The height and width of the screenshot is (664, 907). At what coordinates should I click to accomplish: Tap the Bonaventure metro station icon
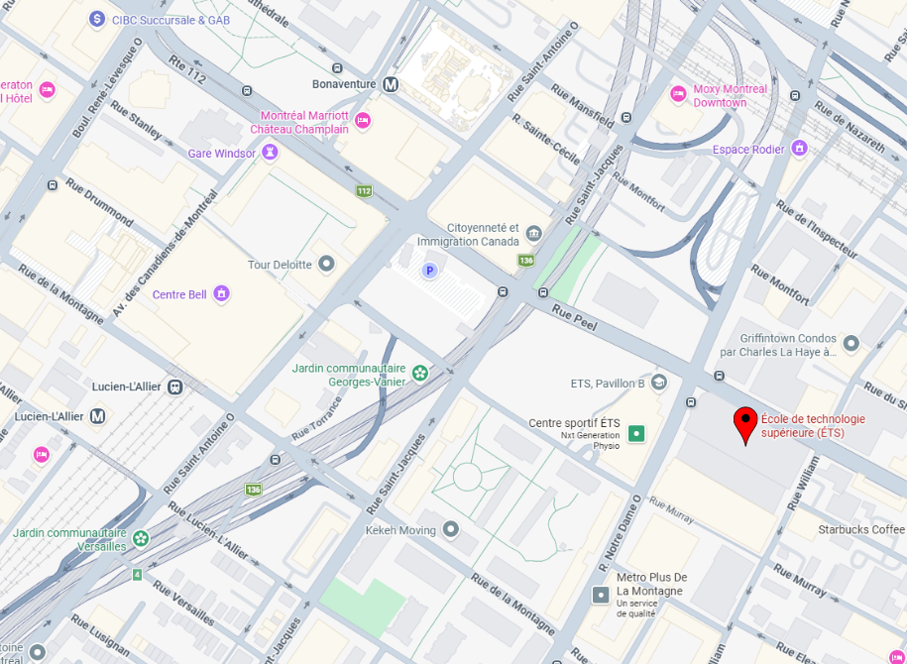pos(392,84)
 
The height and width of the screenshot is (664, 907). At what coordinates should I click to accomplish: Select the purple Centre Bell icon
pos(221,293)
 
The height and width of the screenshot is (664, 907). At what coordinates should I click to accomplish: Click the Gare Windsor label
pos(221,153)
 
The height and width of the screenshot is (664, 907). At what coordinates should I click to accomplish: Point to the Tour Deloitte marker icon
pos(326,264)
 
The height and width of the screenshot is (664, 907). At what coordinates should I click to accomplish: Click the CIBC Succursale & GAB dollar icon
pos(97,19)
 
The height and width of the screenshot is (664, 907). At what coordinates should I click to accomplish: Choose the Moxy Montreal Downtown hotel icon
pos(678,94)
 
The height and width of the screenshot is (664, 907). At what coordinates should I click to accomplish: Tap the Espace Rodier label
pos(748,150)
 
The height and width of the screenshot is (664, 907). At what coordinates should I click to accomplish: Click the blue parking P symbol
pos(429,271)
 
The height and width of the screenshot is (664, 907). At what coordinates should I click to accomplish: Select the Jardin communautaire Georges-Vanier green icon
pos(420,373)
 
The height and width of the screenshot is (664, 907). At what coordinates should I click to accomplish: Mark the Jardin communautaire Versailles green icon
pos(141,538)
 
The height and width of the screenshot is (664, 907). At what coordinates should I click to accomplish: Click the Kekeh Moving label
pos(400,530)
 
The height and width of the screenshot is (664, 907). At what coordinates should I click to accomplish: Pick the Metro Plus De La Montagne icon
pos(601,595)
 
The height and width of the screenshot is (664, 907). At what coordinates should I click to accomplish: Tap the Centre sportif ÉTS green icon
pos(636,433)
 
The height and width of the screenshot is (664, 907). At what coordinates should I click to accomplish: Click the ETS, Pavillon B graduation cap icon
pos(659,383)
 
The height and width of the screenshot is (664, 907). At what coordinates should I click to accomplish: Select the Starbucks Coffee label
pos(861,529)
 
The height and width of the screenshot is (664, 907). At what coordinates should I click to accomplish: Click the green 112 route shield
pos(364,190)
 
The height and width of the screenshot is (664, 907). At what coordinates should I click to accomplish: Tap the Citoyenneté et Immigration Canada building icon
pos(534,233)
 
